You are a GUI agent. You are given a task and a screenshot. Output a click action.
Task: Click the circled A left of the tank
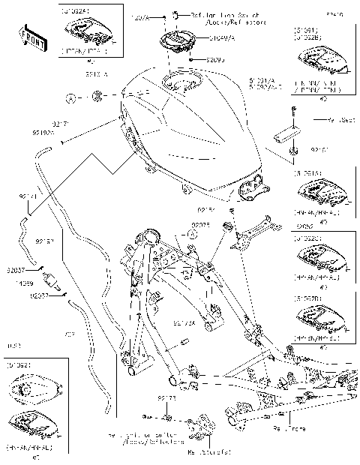(x=70, y=97)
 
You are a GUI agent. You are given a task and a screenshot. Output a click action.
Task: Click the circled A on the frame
(x=192, y=234)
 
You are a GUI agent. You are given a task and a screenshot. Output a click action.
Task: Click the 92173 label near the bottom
(x=166, y=399)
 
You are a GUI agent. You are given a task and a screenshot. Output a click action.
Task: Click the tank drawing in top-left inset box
(x=88, y=31)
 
